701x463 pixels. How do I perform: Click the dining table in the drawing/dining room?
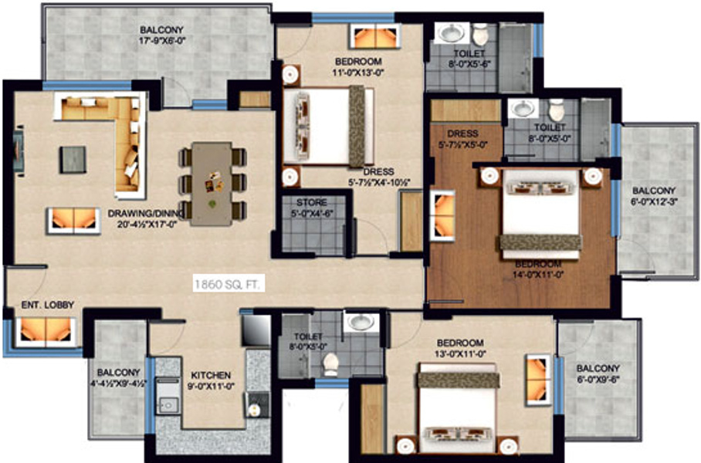coord(212,183)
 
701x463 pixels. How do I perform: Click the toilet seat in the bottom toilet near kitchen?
coord(330,363)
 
